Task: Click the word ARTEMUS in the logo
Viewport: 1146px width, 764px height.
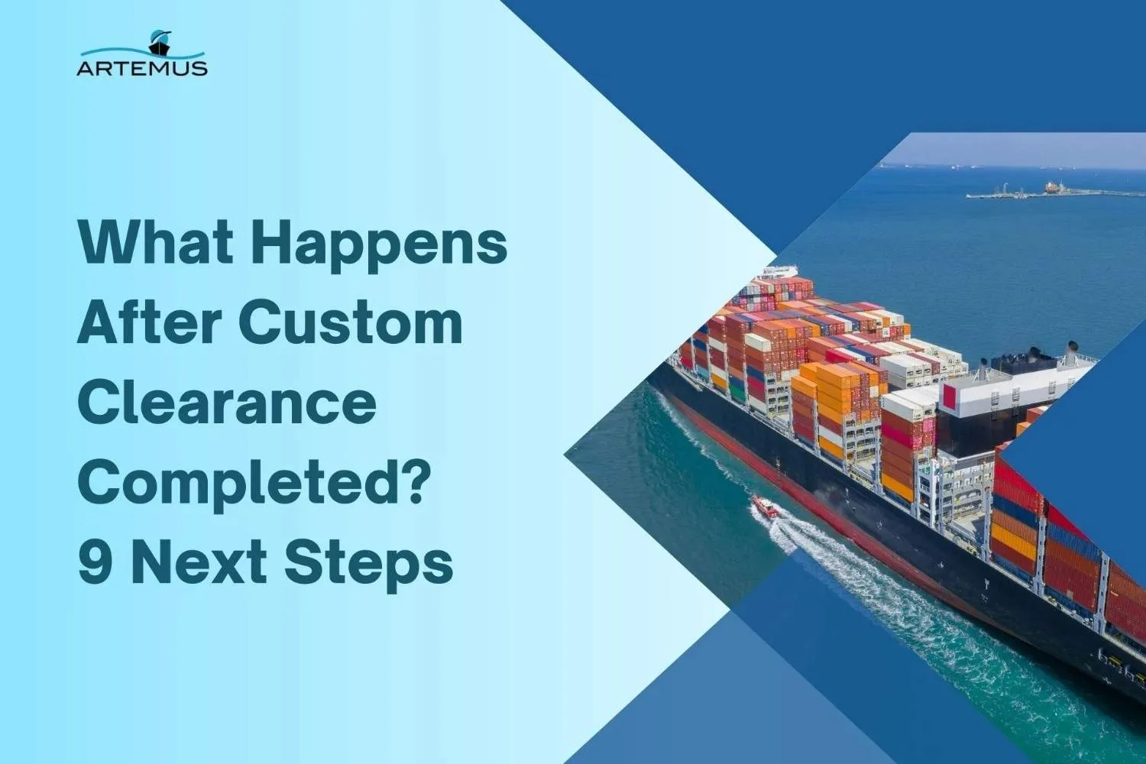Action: [x=142, y=68]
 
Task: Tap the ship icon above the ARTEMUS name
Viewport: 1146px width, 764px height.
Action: [x=160, y=43]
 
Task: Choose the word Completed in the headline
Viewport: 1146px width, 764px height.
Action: [x=243, y=484]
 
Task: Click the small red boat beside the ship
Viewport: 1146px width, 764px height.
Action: [x=765, y=507]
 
